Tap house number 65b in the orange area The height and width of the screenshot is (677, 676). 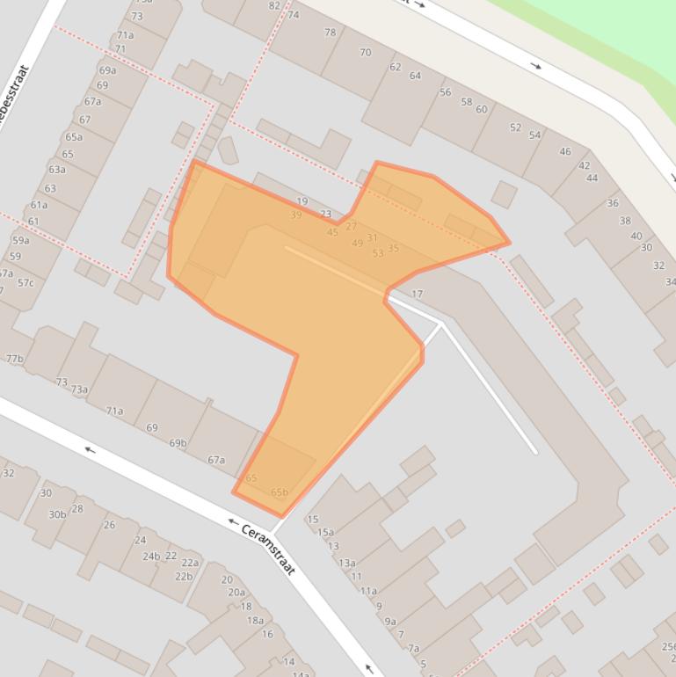point(280,492)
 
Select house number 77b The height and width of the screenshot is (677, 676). point(14,359)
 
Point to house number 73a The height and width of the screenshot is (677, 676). point(80,389)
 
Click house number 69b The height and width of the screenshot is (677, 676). point(178,443)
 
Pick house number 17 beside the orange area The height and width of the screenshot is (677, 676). point(418,294)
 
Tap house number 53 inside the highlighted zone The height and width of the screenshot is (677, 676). point(378,253)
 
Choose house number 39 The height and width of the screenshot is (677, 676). point(296,215)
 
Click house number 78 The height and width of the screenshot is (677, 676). point(330,33)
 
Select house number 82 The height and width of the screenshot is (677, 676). point(274,5)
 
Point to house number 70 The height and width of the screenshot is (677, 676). point(365,53)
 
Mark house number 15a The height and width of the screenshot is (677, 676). point(325,532)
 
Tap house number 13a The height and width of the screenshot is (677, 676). point(346,563)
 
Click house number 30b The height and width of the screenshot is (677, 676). point(57,514)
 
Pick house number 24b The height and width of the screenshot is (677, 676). point(152,556)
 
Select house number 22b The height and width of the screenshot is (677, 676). point(183,577)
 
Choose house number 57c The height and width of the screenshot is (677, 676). point(25,282)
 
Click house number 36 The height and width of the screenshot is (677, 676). point(613,203)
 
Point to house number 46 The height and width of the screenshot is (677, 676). point(565,151)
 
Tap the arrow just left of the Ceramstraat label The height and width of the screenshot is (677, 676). point(233,522)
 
